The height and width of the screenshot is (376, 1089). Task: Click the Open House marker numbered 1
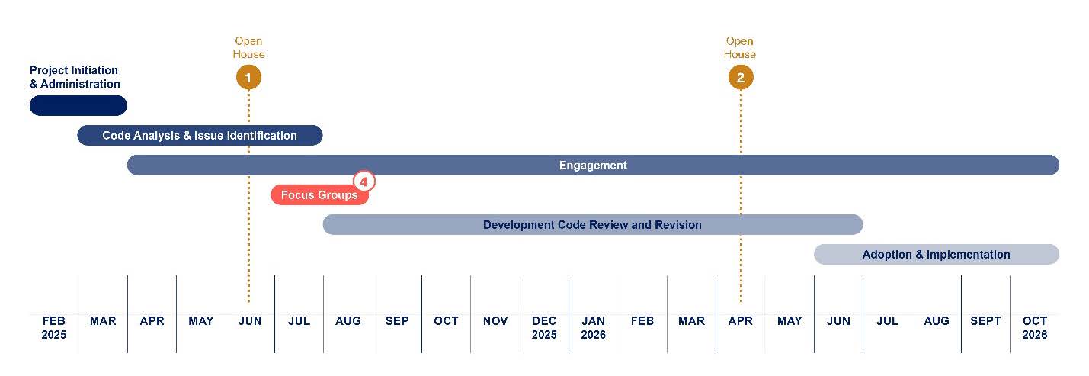pos(248,77)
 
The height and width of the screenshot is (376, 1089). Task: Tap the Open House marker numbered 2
pos(741,77)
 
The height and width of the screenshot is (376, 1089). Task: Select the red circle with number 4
pos(364,182)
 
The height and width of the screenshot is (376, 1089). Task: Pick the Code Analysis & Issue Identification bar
pos(200,135)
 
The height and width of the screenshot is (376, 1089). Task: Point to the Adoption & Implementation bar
pos(937,255)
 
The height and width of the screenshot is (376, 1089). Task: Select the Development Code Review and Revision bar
pos(593,225)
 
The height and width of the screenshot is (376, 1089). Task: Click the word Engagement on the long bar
pos(593,166)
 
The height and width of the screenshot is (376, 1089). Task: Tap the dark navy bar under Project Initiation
pos(78,105)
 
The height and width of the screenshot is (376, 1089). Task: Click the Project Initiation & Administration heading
pos(75,77)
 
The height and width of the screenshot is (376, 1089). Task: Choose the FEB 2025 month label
pos(53,327)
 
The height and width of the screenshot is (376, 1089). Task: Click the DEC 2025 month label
pos(544,327)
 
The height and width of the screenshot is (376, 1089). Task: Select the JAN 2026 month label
pos(593,327)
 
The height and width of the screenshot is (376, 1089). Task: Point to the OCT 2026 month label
pos(1035,327)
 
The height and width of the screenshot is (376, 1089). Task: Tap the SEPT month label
pos(985,321)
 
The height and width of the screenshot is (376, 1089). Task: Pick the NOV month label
pos(495,321)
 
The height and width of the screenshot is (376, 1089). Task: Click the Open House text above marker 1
pos(248,48)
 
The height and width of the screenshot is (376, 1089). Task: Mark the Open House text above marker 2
pos(740,48)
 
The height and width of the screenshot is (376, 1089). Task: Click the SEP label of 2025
pos(397,321)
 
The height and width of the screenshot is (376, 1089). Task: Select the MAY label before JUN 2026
pos(790,321)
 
